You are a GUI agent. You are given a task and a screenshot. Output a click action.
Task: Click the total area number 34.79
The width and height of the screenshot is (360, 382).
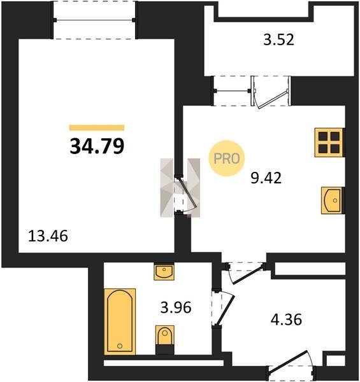point(97,146)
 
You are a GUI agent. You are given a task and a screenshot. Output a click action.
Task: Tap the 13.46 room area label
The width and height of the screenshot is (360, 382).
point(48,236)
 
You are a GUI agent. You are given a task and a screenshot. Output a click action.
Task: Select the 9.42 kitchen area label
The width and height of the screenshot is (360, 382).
point(266,178)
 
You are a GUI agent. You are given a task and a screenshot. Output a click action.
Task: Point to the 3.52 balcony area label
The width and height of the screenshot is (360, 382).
point(279,39)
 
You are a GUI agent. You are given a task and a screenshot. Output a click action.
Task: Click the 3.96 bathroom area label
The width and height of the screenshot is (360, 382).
point(176,308)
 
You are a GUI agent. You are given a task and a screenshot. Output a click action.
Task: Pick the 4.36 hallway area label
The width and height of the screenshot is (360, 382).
point(286,320)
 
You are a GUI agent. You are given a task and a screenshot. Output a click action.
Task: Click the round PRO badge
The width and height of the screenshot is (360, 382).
point(227,159)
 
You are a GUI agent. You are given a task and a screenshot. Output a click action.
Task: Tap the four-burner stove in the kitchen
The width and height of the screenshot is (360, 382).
point(329,143)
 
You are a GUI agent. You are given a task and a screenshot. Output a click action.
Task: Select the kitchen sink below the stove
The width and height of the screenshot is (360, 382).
point(332,201)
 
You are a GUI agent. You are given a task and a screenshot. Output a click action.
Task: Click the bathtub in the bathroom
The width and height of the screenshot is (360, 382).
point(120,322)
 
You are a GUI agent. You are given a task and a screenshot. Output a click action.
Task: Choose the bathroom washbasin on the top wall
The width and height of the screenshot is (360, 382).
point(164,271)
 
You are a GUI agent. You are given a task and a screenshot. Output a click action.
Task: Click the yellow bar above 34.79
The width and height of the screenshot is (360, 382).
point(97,128)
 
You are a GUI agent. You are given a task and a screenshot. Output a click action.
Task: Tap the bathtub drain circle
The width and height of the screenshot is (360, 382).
point(120,346)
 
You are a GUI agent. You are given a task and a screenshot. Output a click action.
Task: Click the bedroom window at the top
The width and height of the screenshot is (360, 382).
point(94,20)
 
